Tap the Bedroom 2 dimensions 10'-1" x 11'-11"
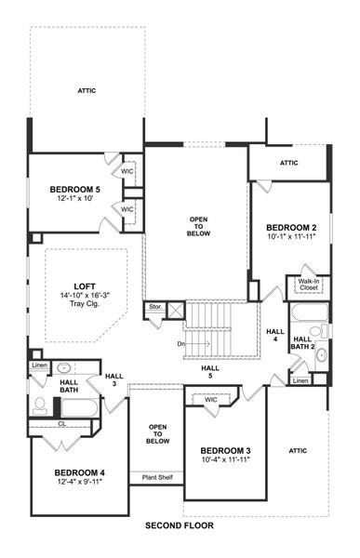291,236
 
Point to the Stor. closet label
154,305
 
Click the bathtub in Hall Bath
80,405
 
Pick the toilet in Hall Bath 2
314,331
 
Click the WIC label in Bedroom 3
211,399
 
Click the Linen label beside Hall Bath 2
300,379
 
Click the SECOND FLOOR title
180,525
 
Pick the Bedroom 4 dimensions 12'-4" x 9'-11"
78,482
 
